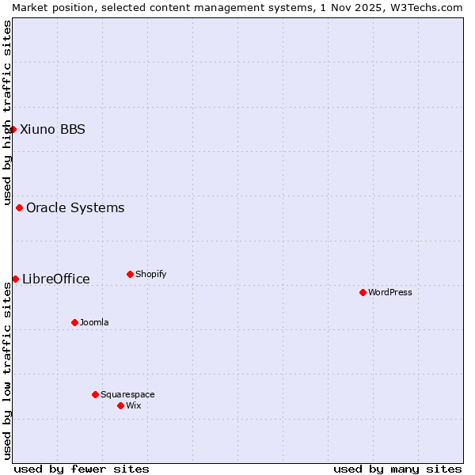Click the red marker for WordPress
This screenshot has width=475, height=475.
click(x=363, y=292)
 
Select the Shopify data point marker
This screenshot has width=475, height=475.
click(x=130, y=274)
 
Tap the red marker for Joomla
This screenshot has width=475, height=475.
click(x=74, y=322)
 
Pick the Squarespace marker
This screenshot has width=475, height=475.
click(x=95, y=394)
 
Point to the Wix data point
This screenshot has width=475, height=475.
click(x=120, y=405)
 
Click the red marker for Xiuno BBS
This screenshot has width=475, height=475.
click(x=13, y=129)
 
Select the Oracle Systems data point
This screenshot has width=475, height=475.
click(x=19, y=207)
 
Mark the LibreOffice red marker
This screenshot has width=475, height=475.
click(x=15, y=279)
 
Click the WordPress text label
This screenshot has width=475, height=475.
click(x=390, y=292)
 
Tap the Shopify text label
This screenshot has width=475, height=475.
click(x=151, y=274)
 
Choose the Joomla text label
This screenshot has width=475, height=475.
click(x=94, y=322)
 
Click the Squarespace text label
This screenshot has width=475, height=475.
click(x=127, y=394)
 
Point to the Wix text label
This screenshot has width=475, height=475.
click(x=134, y=405)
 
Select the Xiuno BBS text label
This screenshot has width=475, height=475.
click(x=52, y=129)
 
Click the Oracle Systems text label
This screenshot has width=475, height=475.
click(x=75, y=207)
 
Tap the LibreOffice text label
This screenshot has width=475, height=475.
click(x=55, y=279)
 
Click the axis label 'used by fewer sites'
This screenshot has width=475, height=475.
click(x=82, y=469)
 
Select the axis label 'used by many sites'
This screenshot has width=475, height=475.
click(x=397, y=469)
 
